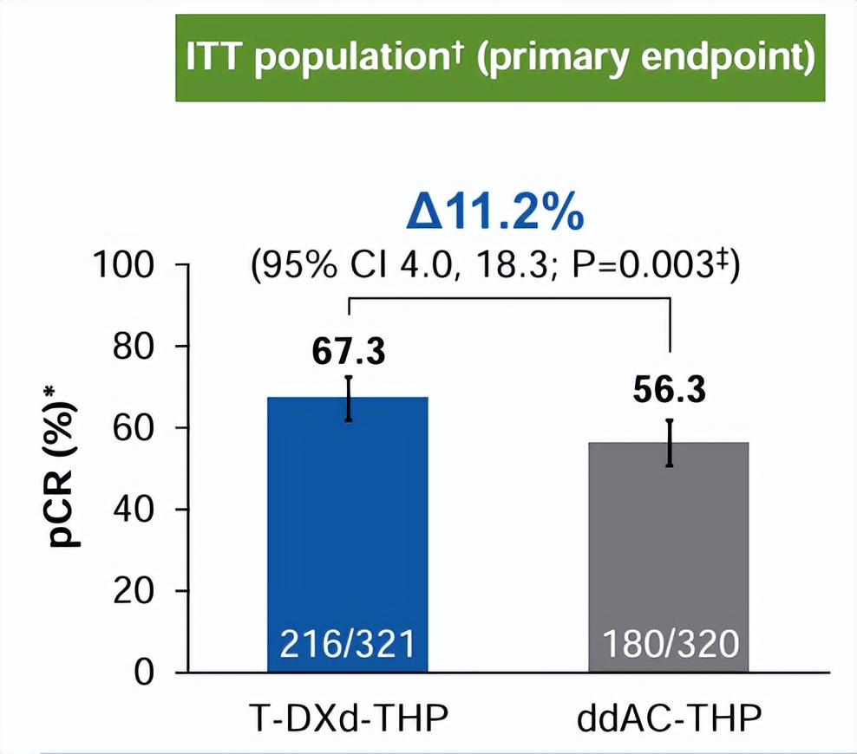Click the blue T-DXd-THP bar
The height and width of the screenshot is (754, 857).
point(348,520)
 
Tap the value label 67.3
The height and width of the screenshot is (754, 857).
point(348,352)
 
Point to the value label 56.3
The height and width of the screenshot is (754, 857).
point(669,391)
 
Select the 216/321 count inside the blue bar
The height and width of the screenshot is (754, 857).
point(348,645)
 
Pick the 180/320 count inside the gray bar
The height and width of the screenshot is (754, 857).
point(669,645)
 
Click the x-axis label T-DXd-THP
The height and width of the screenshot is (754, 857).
point(348,718)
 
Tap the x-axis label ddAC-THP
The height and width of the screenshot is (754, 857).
point(669,718)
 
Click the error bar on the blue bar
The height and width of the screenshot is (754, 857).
point(348,398)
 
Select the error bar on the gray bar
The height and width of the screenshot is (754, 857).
point(669,443)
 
